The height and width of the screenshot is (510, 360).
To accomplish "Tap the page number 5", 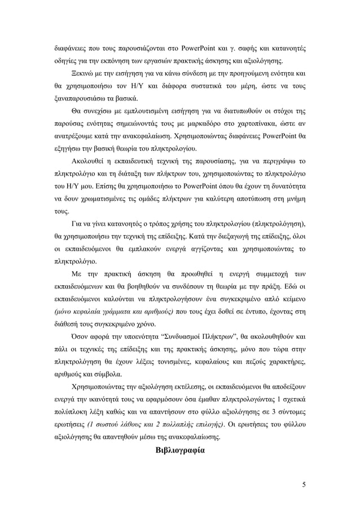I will pos(304,484).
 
